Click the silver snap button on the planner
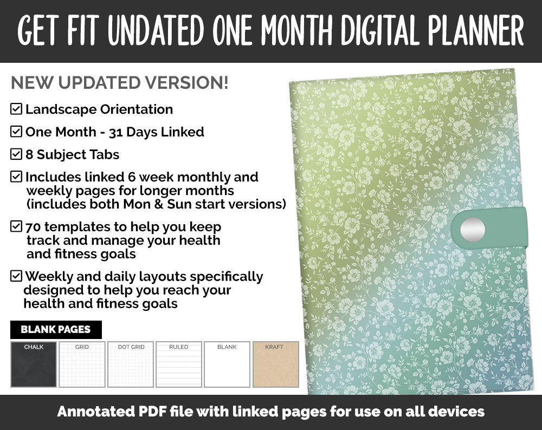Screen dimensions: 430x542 [472, 230]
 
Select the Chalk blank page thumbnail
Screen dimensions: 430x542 [34, 364]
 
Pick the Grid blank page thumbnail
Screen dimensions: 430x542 [82, 364]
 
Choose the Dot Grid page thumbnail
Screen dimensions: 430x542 [131, 364]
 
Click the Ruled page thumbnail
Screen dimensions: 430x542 [179, 364]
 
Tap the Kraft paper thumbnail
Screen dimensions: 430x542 [276, 364]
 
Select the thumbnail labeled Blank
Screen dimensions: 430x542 [227, 364]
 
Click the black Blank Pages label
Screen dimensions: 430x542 [56, 329]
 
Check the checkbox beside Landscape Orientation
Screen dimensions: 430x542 [16, 109]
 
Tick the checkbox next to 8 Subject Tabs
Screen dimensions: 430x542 [16, 155]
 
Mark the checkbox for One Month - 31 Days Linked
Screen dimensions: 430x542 [16, 132]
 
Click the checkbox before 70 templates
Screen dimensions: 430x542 [16, 226]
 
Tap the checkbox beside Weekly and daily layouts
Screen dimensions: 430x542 [16, 276]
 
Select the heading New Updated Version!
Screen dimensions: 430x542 [120, 83]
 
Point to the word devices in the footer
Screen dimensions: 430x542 [455, 412]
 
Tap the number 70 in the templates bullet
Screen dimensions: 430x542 [34, 226]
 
